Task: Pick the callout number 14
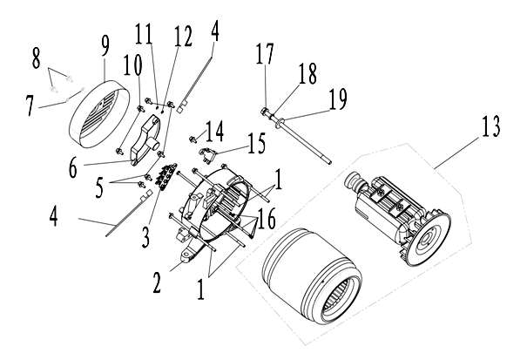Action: tap(213, 129)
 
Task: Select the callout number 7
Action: tap(30, 106)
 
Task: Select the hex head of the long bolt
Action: tap(264, 112)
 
